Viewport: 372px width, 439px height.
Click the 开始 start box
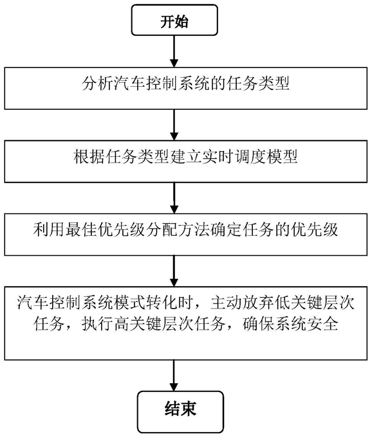(x=174, y=20)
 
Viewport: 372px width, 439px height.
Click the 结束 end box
(x=180, y=411)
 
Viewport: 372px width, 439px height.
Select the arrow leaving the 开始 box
(x=174, y=51)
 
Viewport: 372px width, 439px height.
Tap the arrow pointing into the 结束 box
(x=174, y=375)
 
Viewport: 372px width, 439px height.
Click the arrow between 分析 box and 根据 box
(x=174, y=125)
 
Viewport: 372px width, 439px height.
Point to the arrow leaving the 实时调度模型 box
(x=174, y=198)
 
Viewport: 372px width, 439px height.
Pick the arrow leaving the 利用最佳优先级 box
(x=174, y=271)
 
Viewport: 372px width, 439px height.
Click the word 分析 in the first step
(x=98, y=83)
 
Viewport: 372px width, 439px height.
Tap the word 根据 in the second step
(x=89, y=156)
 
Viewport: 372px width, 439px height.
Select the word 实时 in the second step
(x=218, y=156)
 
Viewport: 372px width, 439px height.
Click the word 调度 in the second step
(x=250, y=156)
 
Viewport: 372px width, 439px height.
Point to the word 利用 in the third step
(x=49, y=230)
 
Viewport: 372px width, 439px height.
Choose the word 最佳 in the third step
(x=81, y=230)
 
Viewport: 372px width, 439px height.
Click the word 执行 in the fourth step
(x=97, y=325)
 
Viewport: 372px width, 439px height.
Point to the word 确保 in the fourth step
(x=258, y=325)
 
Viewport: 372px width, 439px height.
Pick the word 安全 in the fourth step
(x=322, y=325)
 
